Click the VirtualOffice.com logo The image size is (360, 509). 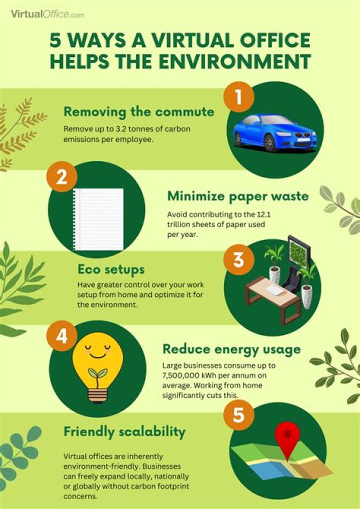tap(47, 14)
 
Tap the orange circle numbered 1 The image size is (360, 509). tap(238, 97)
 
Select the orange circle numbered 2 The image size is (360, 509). tap(61, 177)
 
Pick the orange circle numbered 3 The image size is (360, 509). tap(238, 259)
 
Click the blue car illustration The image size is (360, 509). tap(274, 132)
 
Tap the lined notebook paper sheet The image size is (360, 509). tap(98, 219)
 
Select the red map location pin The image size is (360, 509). tap(285, 435)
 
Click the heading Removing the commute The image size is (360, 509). tap(138, 111)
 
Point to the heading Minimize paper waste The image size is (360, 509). tap(237, 196)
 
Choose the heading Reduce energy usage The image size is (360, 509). tap(231, 349)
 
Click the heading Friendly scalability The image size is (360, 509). tap(124, 431)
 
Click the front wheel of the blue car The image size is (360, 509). tap(270, 144)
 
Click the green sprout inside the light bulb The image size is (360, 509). tap(98, 374)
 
